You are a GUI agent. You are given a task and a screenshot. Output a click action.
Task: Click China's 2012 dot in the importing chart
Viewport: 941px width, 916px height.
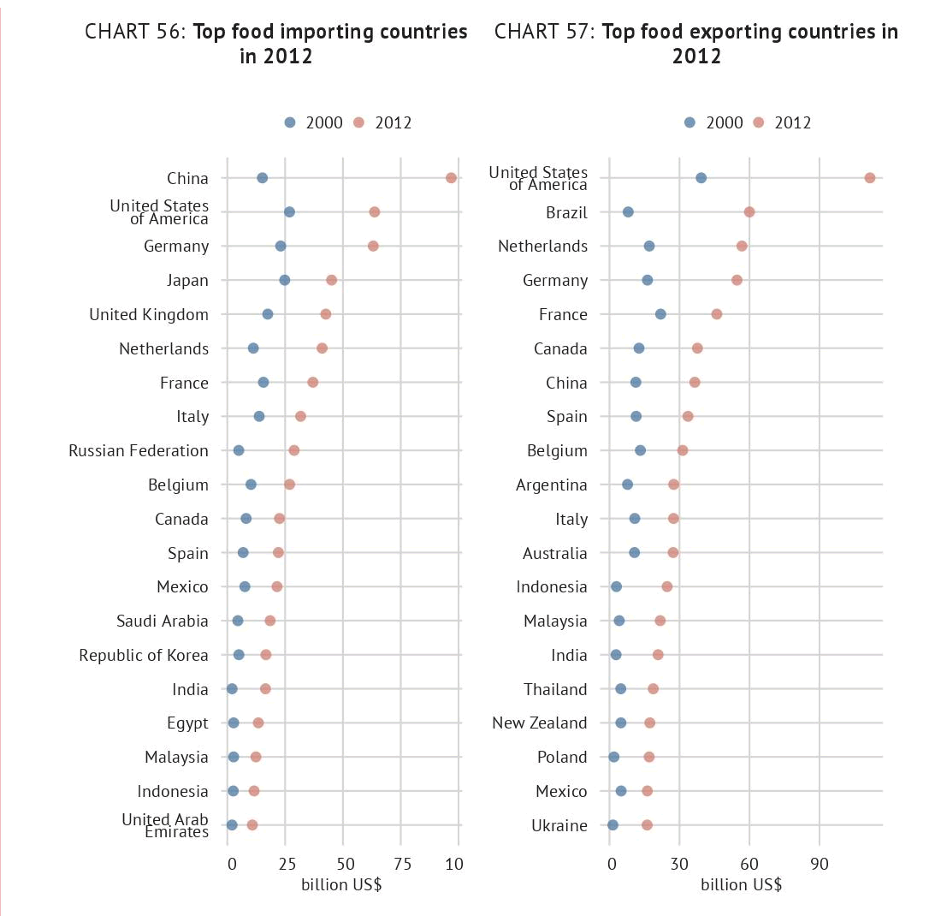(x=451, y=178)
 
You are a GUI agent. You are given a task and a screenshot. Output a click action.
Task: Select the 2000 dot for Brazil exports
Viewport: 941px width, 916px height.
(x=628, y=212)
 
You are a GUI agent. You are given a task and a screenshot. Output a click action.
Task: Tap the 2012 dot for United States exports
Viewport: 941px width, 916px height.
(x=870, y=178)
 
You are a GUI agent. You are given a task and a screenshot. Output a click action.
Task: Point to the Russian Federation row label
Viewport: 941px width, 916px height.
(x=139, y=450)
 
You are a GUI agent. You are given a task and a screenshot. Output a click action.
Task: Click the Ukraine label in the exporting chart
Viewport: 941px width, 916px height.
(x=559, y=825)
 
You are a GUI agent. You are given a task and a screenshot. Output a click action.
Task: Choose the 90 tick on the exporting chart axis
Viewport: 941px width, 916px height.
(x=819, y=864)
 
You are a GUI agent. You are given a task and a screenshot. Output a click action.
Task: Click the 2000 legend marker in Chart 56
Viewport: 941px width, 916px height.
(x=290, y=122)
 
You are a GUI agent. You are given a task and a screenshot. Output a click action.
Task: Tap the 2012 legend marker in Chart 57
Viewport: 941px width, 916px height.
(x=758, y=122)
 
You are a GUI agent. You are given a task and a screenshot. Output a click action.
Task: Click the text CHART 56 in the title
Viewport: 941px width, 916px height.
(x=134, y=33)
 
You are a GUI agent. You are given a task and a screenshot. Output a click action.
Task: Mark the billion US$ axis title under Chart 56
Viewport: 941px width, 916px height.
(x=341, y=884)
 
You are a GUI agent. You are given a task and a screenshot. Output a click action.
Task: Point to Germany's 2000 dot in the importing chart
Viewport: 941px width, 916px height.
(x=281, y=247)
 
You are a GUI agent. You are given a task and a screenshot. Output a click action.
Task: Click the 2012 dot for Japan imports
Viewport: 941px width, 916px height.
(x=331, y=280)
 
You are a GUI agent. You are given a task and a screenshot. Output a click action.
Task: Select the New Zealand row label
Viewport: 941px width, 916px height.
(x=540, y=723)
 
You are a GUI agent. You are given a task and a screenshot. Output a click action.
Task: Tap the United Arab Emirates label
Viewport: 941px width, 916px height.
(x=165, y=825)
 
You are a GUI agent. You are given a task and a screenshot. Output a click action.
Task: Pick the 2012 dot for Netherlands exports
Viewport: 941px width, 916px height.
(x=742, y=247)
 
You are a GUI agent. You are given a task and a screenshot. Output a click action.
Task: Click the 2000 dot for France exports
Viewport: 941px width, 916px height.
(x=660, y=314)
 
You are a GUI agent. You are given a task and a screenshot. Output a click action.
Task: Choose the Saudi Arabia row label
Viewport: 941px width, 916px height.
(x=163, y=621)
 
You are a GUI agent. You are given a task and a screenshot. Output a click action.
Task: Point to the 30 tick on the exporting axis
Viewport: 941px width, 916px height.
(x=679, y=864)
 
